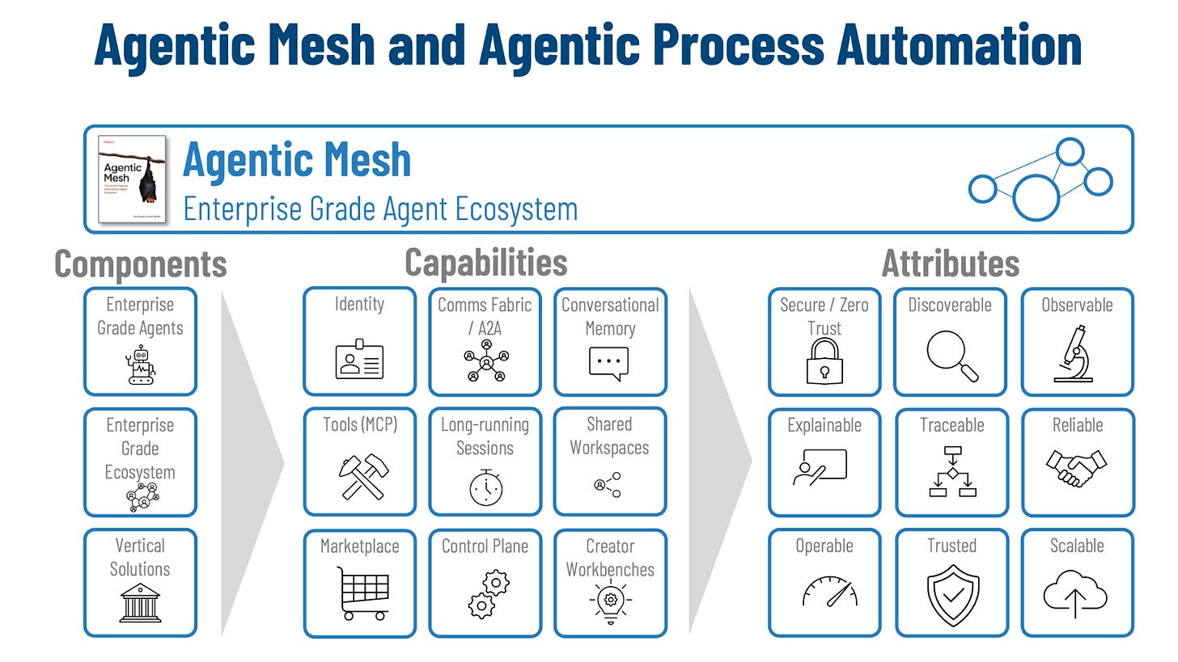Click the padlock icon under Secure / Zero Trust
[x=824, y=361]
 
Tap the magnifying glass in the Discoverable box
[x=951, y=356]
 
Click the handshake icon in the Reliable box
[x=1077, y=468]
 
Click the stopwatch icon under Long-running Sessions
[x=485, y=486]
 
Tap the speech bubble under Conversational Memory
[x=608, y=363]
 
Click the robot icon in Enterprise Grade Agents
[x=141, y=365]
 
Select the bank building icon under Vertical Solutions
[x=140, y=602]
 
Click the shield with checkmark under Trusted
[x=952, y=599]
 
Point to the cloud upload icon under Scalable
[x=1075, y=597]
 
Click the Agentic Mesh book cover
[x=132, y=179]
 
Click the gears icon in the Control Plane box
[x=485, y=594]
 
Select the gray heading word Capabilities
[x=485, y=262]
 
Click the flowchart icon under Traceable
[x=951, y=471]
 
